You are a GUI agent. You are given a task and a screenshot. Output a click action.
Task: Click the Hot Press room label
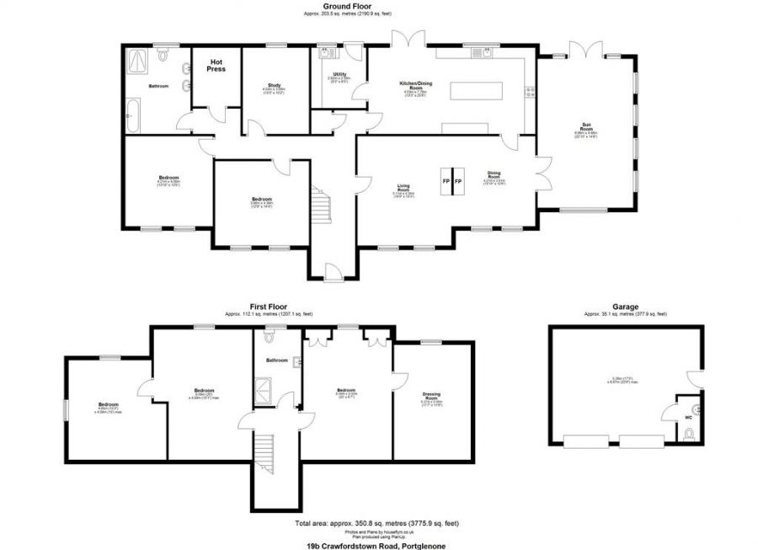point(216,64)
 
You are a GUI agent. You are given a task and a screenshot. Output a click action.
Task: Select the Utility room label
point(340,75)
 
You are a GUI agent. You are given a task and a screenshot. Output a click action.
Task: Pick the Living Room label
point(408,189)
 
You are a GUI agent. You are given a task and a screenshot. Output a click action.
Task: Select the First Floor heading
point(269,307)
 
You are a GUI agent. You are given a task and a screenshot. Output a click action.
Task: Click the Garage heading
point(625,307)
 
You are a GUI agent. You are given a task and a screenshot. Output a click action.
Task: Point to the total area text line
point(378,524)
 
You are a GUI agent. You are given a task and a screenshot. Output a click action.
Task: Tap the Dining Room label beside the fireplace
point(494,175)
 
